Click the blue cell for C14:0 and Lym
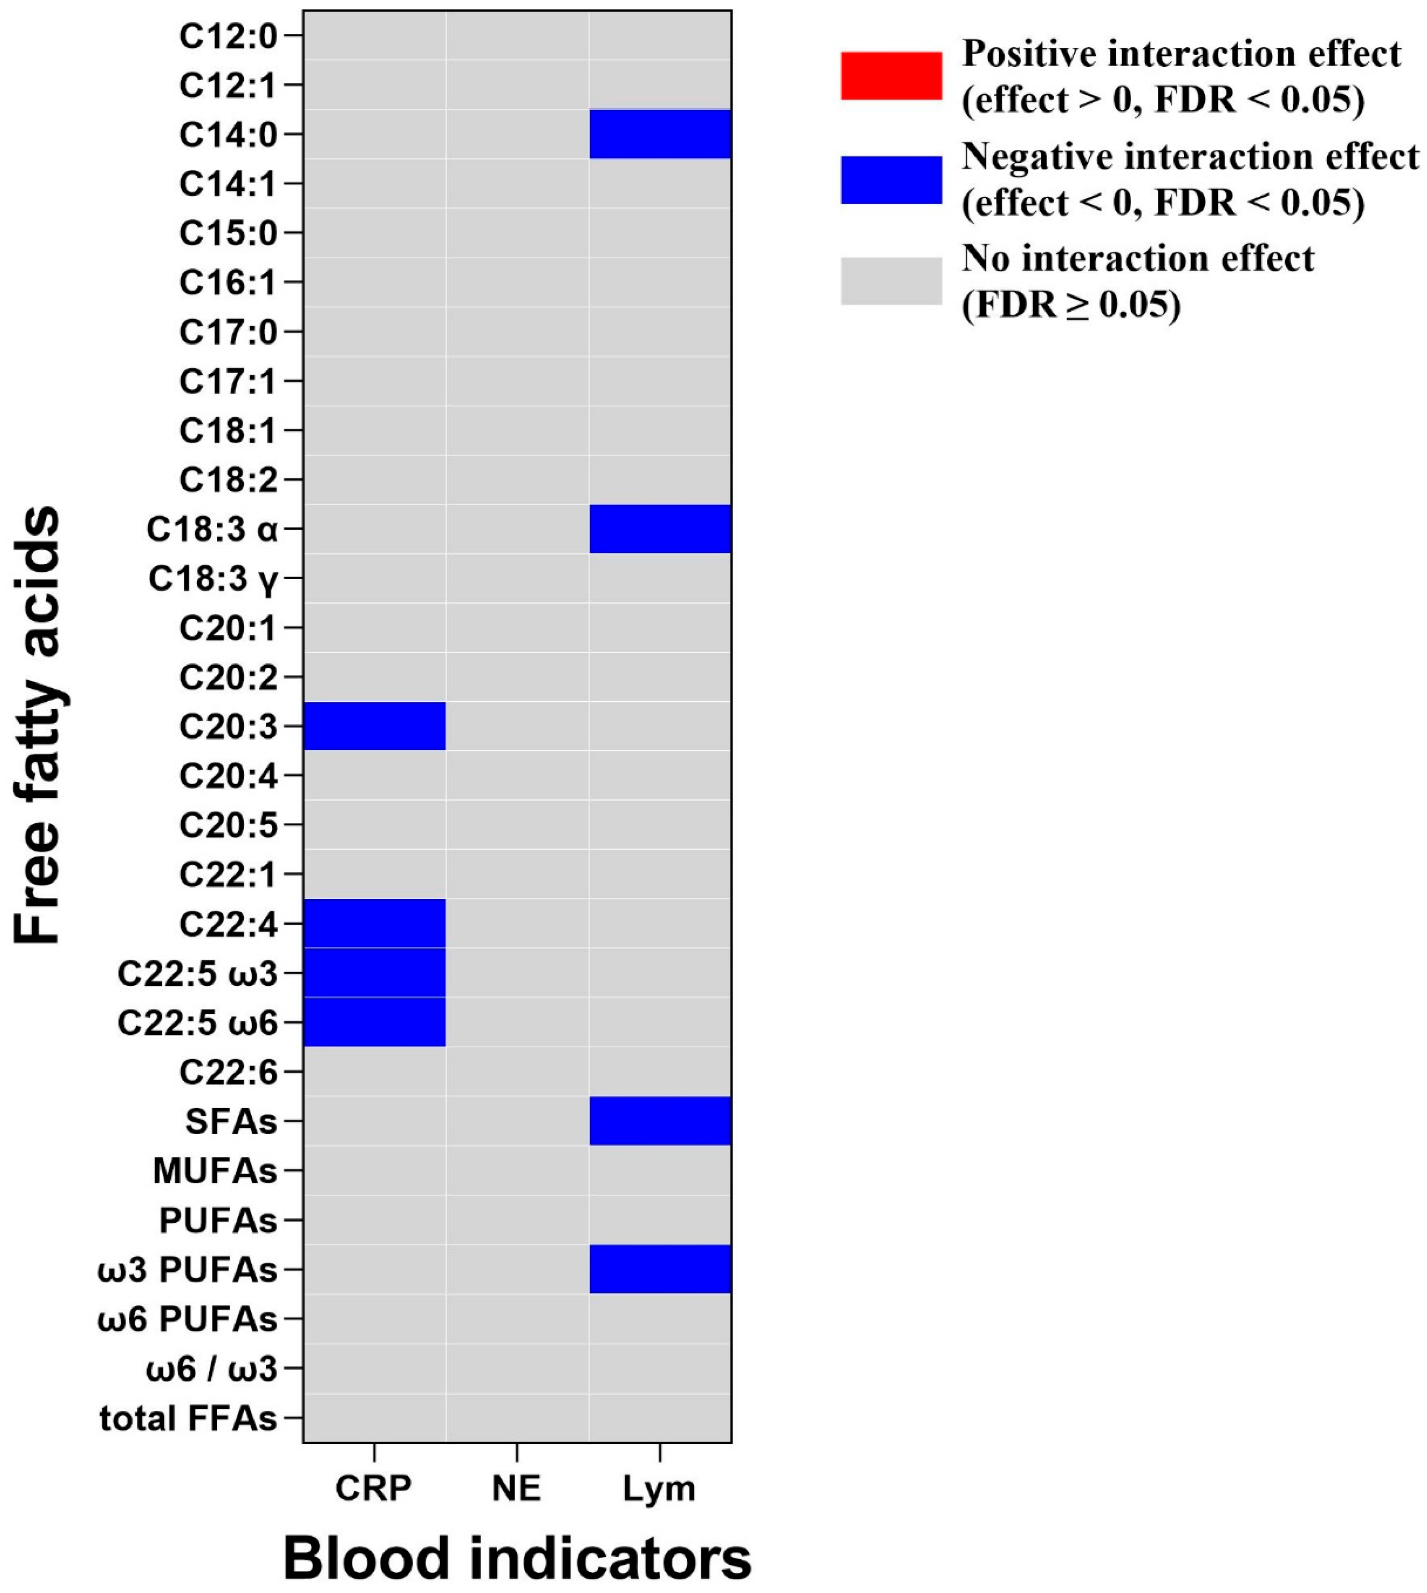click(660, 134)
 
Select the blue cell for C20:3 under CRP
click(374, 726)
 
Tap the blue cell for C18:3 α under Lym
click(660, 528)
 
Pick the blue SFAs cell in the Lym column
click(660, 1121)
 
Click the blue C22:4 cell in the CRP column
click(374, 923)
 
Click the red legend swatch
click(891, 76)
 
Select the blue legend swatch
click(891, 180)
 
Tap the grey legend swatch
click(891, 281)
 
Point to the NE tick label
click(516, 1488)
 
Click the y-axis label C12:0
click(228, 36)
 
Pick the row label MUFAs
click(215, 1171)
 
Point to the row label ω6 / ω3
click(212, 1370)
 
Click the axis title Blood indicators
click(517, 1559)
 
